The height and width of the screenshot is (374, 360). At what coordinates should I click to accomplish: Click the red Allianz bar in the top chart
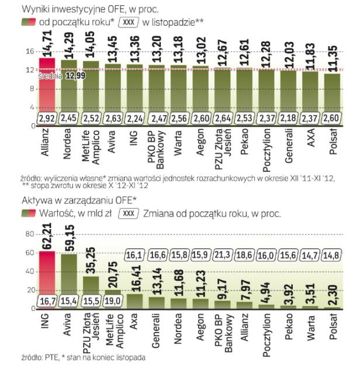pyautogui.click(x=47, y=88)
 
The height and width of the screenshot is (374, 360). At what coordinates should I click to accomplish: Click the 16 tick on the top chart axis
pyautogui.click(x=27, y=52)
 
